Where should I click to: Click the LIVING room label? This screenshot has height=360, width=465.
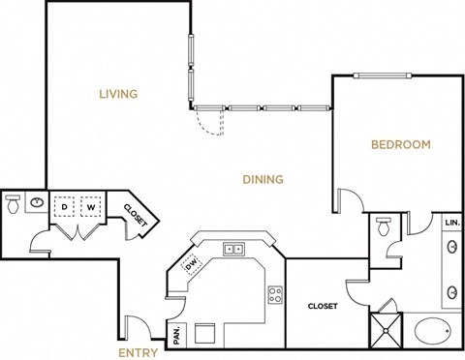point(118,94)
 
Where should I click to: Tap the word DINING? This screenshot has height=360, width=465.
point(263,179)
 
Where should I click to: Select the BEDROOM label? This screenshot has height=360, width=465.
point(401,145)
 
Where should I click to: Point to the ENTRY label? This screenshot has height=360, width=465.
point(139,353)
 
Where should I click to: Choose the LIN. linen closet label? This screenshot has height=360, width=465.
point(451,223)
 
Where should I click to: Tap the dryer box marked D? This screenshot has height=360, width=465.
point(64,206)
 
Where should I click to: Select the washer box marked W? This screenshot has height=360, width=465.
point(90,206)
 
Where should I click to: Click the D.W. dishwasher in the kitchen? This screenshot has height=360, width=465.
point(191,263)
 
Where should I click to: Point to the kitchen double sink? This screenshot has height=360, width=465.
point(233,249)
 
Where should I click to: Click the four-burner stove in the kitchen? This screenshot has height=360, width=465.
point(275,291)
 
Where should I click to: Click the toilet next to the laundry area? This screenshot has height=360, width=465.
point(14,206)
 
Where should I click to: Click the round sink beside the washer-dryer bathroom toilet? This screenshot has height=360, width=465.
point(37,203)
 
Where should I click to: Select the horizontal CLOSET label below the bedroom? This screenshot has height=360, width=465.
point(323,306)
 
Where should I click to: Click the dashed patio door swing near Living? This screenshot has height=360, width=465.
point(206,121)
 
